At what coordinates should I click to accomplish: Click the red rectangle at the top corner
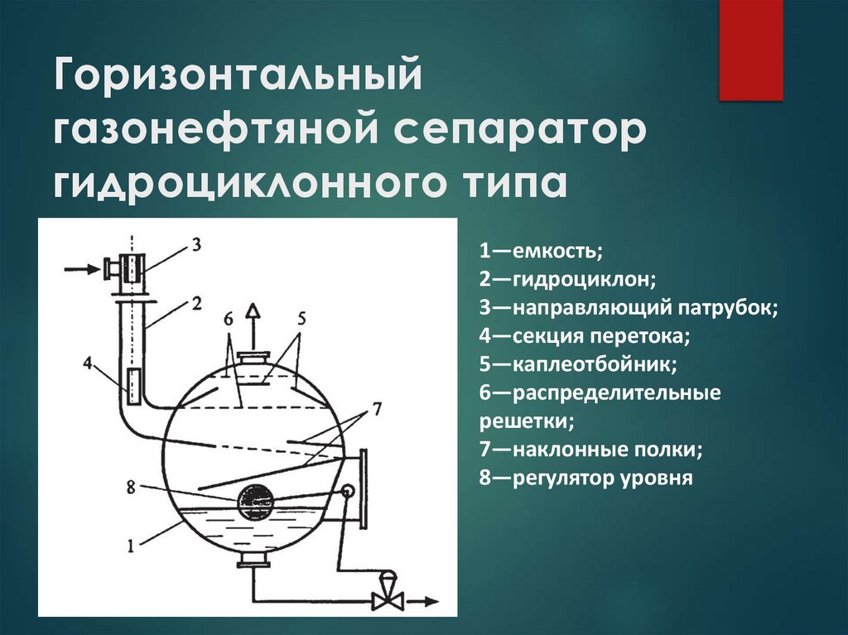point(750,50)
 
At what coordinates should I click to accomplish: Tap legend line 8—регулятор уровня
point(585,478)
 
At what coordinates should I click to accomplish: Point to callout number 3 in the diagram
point(195,243)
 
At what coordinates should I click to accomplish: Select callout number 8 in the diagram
point(129,487)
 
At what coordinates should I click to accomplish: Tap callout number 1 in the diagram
point(129,545)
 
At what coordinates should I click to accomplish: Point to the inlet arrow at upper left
point(79,267)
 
